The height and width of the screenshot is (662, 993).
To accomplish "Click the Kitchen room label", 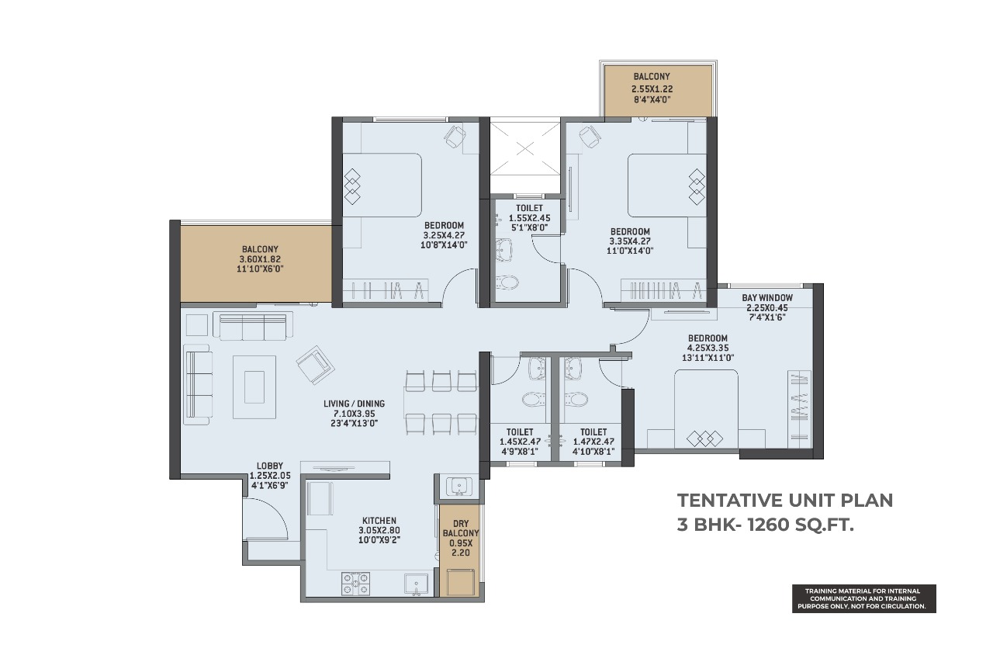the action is pyautogui.click(x=379, y=521).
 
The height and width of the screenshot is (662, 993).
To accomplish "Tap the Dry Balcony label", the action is pyautogui.click(x=461, y=528).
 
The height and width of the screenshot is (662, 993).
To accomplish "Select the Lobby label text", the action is pyautogui.click(x=269, y=466).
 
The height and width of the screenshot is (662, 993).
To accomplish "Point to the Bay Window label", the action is pyautogui.click(x=767, y=298).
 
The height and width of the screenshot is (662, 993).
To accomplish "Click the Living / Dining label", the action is pyautogui.click(x=355, y=404).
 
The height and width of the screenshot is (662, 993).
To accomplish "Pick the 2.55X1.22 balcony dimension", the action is pyautogui.click(x=652, y=89).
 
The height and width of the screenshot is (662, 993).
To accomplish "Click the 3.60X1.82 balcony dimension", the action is pyautogui.click(x=260, y=259).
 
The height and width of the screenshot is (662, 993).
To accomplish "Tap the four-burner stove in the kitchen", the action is pyautogui.click(x=355, y=583).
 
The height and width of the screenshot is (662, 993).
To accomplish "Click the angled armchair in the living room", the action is pyautogui.click(x=315, y=365).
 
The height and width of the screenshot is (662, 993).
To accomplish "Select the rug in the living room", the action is pyautogui.click(x=254, y=386).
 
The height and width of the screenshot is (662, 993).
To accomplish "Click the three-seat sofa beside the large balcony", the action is pyautogui.click(x=253, y=325).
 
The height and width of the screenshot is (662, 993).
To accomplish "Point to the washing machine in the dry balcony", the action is pyautogui.click(x=461, y=581).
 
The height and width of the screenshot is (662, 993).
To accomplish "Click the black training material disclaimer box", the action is pyautogui.click(x=864, y=598).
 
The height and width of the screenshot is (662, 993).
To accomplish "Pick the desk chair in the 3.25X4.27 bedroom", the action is pyautogui.click(x=455, y=137).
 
